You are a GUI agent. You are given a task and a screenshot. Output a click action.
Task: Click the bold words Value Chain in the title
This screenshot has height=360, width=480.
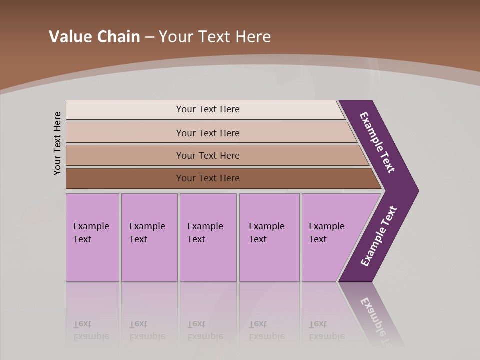click(94, 37)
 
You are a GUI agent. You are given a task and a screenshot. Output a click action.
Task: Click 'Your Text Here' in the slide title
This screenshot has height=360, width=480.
click(215, 37)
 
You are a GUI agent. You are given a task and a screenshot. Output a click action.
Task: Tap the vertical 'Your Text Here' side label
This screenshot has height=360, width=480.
click(57, 143)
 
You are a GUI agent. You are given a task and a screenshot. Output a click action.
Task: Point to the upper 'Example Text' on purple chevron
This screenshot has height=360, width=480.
click(378, 142)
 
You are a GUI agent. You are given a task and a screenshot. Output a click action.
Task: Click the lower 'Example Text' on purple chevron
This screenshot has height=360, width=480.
click(379, 236)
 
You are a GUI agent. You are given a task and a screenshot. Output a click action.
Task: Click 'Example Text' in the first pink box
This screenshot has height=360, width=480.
click(91, 233)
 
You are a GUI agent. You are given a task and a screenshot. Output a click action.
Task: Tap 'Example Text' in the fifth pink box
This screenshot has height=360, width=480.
click(326, 233)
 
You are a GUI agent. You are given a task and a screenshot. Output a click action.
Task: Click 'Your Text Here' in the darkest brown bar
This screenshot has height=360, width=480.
click(208, 178)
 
